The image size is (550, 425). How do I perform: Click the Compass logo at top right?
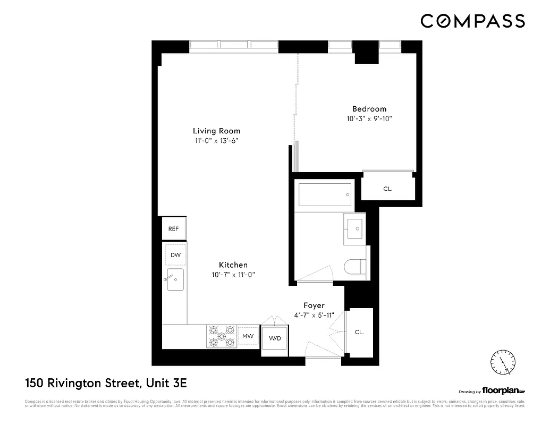pos(472,21)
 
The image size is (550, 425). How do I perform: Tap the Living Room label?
pos(216,131)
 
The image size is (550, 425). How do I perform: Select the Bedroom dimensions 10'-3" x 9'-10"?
pos(369,119)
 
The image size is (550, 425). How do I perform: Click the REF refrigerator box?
pos(173,229)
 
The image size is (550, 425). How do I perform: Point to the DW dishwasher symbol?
pos(175,255)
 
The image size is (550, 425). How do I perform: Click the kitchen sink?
pos(175,279)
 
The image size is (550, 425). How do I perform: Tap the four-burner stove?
pos(222,336)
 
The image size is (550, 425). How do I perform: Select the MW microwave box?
pos(248,336)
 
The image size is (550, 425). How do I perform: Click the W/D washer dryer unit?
pos(275,338)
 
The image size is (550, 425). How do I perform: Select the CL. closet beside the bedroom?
pos(388,189)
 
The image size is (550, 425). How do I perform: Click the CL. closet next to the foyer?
pos(359,332)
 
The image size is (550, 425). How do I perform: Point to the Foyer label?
pos(314,305)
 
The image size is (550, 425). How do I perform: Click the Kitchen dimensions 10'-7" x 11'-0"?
pos(233,275)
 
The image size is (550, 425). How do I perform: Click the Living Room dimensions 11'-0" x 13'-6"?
pos(216,141)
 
